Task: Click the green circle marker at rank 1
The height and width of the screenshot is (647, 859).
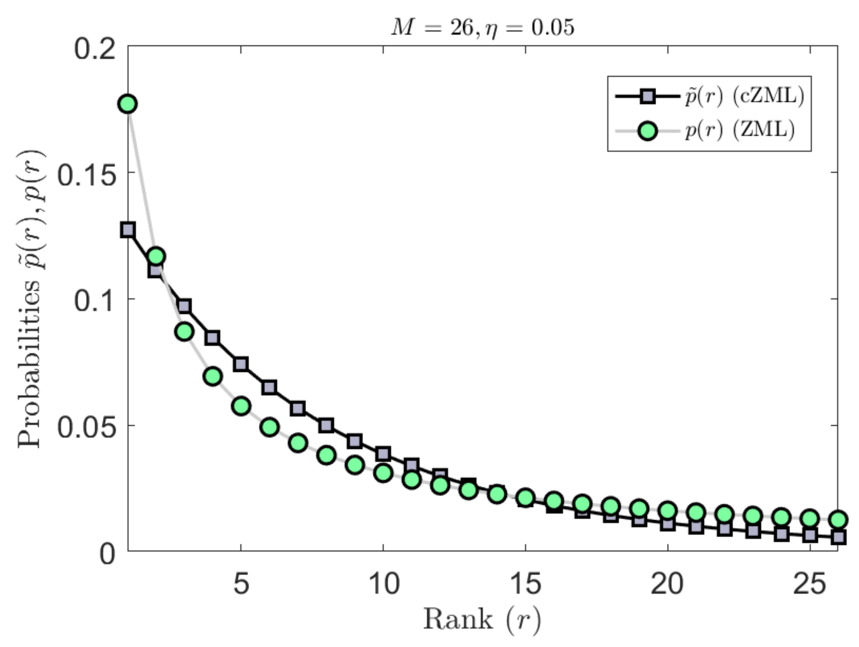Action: (128, 104)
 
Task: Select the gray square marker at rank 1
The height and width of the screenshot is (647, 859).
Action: (128, 230)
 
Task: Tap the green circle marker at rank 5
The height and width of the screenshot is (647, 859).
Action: (241, 406)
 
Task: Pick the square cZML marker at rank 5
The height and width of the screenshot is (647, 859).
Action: (241, 364)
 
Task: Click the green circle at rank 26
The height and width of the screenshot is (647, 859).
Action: (838, 519)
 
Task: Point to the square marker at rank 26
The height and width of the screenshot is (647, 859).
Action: (838, 538)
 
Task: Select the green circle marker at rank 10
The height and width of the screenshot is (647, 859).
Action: (383, 473)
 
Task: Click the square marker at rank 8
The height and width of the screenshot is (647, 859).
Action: (327, 425)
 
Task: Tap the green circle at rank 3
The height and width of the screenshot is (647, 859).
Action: (185, 332)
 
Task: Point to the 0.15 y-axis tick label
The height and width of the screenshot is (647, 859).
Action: (86, 175)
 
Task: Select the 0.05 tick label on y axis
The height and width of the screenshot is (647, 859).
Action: (86, 428)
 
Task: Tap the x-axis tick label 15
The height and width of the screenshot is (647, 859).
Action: (525, 583)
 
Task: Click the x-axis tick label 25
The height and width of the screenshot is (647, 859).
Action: (809, 583)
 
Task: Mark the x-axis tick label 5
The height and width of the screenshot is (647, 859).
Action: (241, 583)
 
